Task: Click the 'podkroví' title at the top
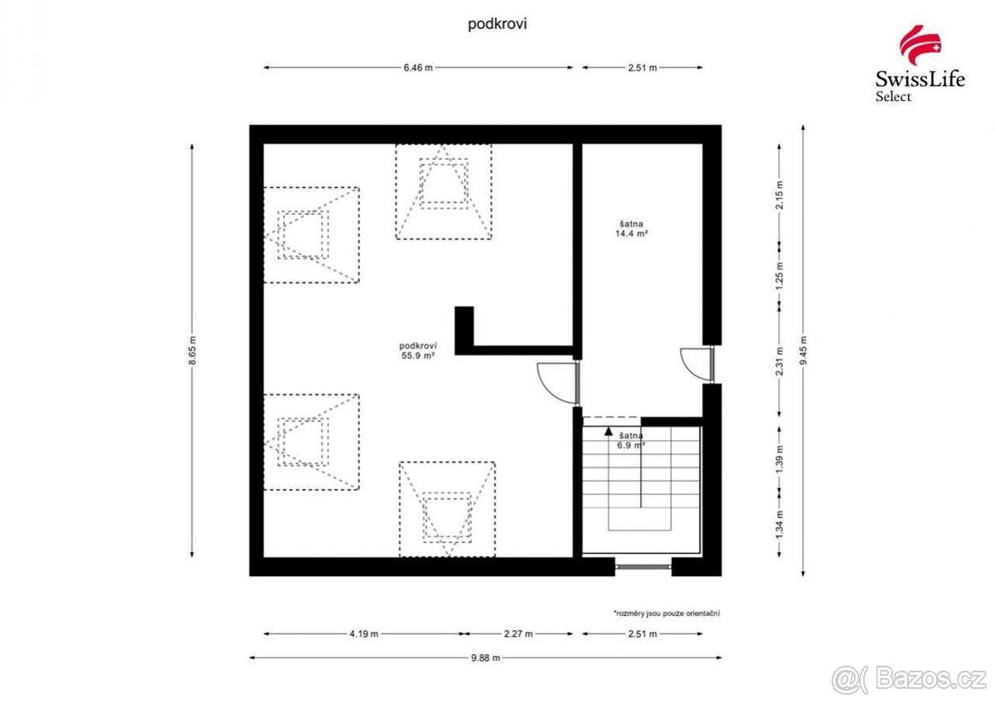coord(498,24)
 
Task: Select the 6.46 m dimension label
coord(418,68)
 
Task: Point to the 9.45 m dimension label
coord(803,349)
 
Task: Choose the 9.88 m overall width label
coord(485,657)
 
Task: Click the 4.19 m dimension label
coord(362,634)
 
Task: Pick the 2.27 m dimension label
coord(517,634)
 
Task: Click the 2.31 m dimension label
coord(779,362)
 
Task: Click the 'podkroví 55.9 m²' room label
coord(418,351)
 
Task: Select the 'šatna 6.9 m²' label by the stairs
coord(631,439)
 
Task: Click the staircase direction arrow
coord(609,431)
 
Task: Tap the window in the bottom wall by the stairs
coord(643,567)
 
